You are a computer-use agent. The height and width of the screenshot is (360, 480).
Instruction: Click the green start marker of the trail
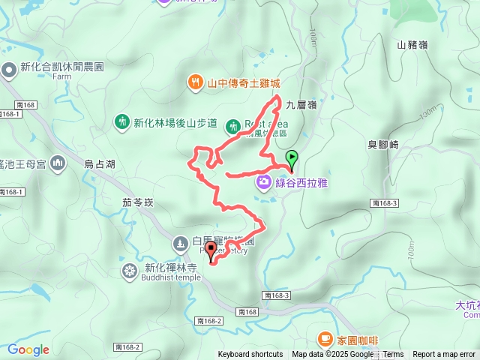tap(292, 158)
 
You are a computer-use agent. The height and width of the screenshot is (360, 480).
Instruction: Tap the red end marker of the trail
tap(211, 250)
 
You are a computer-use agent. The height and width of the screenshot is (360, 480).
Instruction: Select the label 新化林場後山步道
tap(175, 122)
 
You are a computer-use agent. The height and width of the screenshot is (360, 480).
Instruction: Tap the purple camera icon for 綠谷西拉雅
tap(263, 181)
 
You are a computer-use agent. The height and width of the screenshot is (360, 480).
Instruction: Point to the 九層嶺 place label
tap(301, 106)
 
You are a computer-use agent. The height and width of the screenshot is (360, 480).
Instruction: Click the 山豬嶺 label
tap(412, 45)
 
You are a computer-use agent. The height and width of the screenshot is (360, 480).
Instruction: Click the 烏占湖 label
tap(100, 163)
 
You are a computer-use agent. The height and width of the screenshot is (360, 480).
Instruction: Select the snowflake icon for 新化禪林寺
tap(130, 270)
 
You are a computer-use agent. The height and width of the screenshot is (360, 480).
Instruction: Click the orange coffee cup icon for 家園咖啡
tap(324, 339)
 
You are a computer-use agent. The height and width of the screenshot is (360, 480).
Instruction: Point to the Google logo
tap(28, 349)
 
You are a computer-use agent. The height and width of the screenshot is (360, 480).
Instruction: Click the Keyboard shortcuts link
tap(250, 355)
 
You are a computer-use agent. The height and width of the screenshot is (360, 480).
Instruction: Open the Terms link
tap(393, 355)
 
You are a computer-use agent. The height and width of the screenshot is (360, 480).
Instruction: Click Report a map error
tap(444, 355)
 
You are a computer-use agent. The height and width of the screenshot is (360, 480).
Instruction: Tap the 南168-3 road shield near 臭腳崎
tap(384, 203)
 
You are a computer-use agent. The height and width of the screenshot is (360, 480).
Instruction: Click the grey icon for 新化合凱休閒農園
tap(9, 70)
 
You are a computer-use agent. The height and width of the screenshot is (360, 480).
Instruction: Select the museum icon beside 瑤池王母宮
tap(58, 164)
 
